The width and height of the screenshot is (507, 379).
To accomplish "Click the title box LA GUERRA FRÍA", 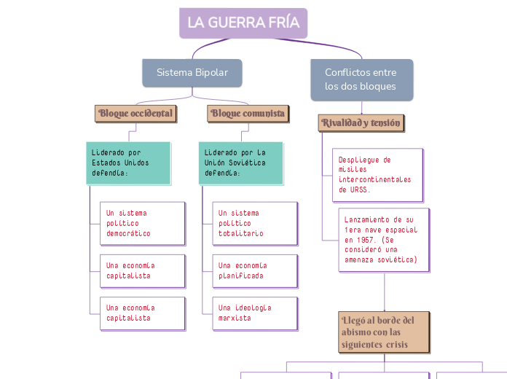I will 243,23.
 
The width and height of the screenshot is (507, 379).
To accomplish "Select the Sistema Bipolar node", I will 192,72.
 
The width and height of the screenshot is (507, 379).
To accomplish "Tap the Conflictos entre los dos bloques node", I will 361,79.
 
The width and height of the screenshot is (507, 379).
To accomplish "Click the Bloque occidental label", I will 135,113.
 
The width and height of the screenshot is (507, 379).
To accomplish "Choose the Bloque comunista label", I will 248,113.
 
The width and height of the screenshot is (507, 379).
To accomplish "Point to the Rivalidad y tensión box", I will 361,123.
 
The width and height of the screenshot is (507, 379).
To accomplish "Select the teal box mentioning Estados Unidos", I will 128,163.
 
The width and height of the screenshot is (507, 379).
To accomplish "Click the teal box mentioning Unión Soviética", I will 240,163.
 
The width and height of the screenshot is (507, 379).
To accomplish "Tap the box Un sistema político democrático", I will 142,223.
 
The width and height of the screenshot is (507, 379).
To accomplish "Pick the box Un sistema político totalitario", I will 255,223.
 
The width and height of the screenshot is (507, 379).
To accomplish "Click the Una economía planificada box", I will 255,270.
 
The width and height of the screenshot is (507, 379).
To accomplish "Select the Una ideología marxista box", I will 255,313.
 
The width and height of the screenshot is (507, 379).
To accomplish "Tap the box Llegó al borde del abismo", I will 383,332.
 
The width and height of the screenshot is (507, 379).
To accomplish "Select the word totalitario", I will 241,233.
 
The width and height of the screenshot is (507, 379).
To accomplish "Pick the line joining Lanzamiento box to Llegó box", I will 384,292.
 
